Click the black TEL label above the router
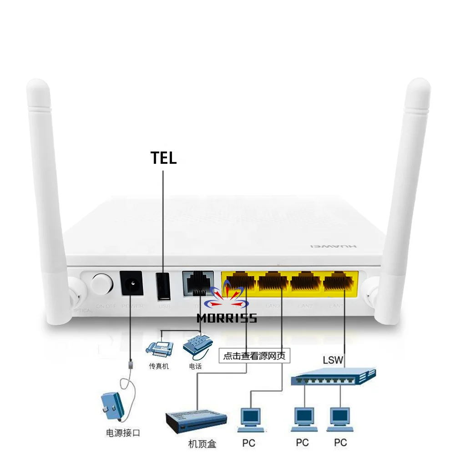[x=163, y=158]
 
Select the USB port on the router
[x=164, y=286]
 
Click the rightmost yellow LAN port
[x=339, y=282]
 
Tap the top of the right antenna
[x=419, y=89]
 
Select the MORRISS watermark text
[x=227, y=318]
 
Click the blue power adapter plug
[x=112, y=404]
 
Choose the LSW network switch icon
[x=334, y=376]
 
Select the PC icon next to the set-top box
[x=250, y=419]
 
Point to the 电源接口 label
[x=123, y=433]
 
